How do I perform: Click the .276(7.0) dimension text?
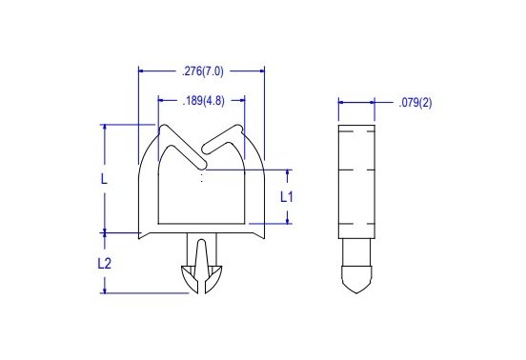[201, 70]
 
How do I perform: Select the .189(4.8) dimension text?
[201, 99]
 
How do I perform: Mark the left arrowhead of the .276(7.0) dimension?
[142, 70]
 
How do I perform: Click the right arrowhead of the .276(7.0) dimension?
[260, 70]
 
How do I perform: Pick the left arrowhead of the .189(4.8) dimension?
[160, 99]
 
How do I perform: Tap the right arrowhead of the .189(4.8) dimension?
[243, 99]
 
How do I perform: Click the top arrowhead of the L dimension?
[104, 127]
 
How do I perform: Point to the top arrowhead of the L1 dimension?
[287, 171]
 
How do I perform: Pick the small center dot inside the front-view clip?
[201, 177]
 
